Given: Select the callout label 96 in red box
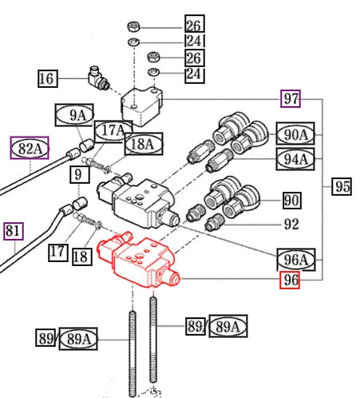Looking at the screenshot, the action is (x=290, y=280).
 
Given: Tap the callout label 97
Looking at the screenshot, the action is (x=291, y=98).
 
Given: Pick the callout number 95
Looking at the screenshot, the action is (x=342, y=186).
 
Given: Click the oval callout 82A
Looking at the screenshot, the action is (x=30, y=148).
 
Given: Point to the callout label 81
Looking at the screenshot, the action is (x=14, y=231).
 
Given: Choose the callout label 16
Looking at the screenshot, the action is (x=48, y=78).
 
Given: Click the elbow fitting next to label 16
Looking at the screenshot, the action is (x=98, y=78).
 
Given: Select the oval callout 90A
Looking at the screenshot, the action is (x=295, y=134).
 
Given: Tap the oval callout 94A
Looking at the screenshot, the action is (x=295, y=159).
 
